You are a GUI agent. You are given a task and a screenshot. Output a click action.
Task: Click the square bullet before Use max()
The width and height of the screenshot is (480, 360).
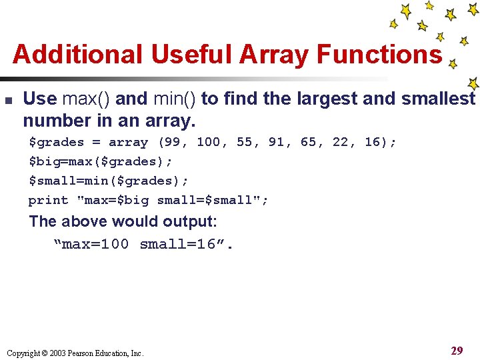tap(8, 100)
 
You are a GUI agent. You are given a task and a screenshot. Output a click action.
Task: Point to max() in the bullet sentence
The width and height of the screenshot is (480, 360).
tap(87, 99)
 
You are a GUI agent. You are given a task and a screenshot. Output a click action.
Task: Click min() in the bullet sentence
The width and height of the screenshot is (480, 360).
tap(175, 99)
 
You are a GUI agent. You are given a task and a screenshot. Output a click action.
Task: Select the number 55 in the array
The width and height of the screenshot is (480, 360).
tap(245, 142)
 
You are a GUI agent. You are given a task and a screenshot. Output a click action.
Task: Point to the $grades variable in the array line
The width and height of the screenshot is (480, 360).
tap(56, 142)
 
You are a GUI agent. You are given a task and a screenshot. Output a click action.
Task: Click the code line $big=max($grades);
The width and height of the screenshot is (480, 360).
tap(100, 161)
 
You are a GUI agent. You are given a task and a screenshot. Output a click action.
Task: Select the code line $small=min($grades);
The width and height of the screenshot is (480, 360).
tap(108, 181)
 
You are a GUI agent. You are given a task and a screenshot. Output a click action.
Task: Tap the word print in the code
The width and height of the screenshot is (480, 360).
tap(48, 200)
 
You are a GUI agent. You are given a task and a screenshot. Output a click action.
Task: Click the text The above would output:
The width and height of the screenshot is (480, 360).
tap(123, 221)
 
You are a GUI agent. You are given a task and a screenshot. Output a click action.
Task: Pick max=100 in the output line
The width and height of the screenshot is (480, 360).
tap(93, 244)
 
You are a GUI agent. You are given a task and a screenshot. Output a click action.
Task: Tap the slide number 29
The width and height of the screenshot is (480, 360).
tap(457, 351)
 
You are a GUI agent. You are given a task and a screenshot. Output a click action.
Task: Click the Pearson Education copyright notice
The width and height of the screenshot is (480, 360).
tap(75, 353)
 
